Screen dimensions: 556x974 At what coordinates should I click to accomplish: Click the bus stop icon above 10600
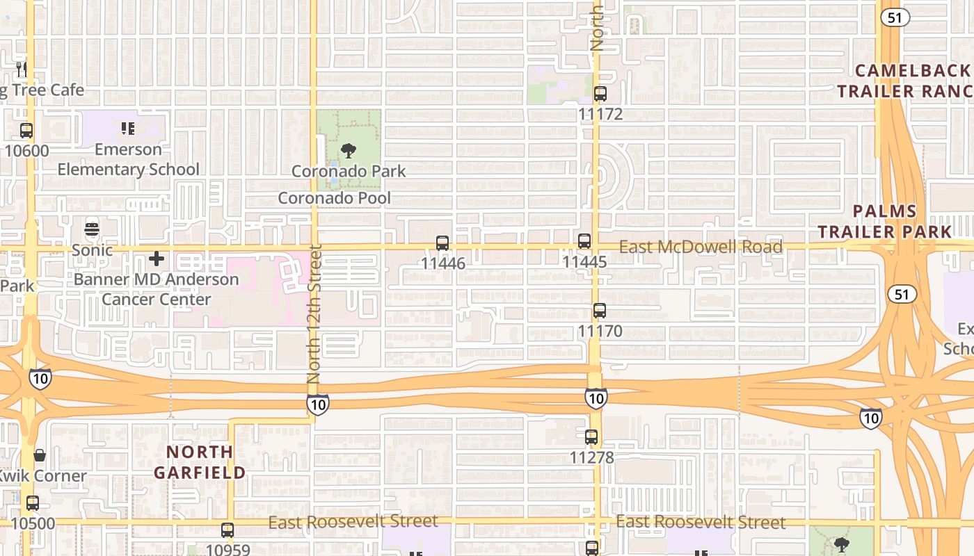pyautogui.click(x=26, y=131)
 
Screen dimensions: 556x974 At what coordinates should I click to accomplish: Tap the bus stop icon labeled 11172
pyautogui.click(x=600, y=94)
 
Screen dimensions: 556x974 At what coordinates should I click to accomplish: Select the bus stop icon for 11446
pyautogui.click(x=442, y=243)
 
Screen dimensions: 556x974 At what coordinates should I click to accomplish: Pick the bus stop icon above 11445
pyautogui.click(x=584, y=242)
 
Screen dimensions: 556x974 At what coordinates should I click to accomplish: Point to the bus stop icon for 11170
pyautogui.click(x=600, y=311)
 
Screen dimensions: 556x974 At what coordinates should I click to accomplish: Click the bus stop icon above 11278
pyautogui.click(x=591, y=438)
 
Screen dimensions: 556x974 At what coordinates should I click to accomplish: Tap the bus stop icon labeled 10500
pyautogui.click(x=33, y=503)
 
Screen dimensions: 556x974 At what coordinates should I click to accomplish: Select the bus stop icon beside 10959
pyautogui.click(x=227, y=530)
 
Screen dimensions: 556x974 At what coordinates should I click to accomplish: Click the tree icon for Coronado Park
pyautogui.click(x=349, y=150)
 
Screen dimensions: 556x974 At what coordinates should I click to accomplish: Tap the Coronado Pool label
pyautogui.click(x=335, y=198)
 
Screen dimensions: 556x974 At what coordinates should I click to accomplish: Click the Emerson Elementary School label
pyautogui.click(x=128, y=159)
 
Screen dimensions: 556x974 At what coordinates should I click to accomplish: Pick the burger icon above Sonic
pyautogui.click(x=92, y=229)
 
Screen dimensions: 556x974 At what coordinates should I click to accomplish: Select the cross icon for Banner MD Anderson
pyautogui.click(x=157, y=259)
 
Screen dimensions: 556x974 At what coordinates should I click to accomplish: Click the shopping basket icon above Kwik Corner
pyautogui.click(x=40, y=456)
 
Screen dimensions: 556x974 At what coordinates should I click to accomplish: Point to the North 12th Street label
pyautogui.click(x=314, y=313)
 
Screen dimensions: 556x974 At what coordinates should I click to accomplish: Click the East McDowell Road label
pyautogui.click(x=701, y=247)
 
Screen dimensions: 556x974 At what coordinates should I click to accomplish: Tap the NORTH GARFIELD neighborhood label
pyautogui.click(x=200, y=462)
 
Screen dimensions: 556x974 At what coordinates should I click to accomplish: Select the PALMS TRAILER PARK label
pyautogui.click(x=885, y=221)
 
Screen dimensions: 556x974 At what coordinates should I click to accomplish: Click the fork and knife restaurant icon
pyautogui.click(x=22, y=69)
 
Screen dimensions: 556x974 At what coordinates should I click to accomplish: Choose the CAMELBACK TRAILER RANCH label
pyautogui.click(x=904, y=81)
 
